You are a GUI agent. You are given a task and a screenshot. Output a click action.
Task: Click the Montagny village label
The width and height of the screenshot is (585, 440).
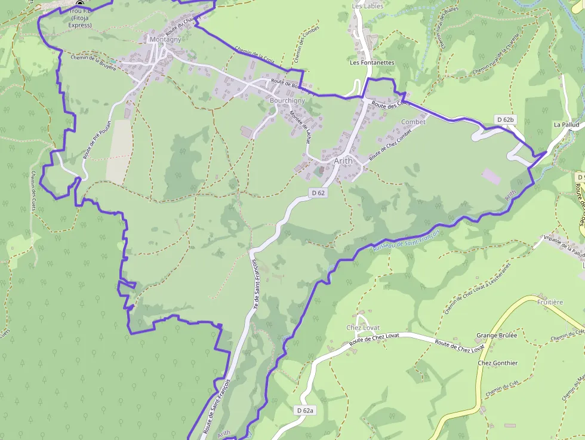tap(165, 39)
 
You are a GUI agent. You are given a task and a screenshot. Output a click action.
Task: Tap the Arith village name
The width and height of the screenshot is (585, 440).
tap(343, 161)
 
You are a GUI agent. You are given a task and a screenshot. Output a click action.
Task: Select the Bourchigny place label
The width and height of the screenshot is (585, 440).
tap(287, 101)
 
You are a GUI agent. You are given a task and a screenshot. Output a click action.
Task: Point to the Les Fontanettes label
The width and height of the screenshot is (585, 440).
tap(372, 62)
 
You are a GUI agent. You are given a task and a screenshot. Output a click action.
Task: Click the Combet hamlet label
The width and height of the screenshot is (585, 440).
tap(414, 122)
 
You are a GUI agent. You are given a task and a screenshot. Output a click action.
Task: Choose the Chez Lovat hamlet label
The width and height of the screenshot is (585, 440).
tap(363, 328)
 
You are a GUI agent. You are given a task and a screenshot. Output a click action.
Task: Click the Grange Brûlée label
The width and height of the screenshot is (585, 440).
tap(497, 336)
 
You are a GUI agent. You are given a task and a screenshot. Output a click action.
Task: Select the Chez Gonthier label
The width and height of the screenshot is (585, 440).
tap(498, 363)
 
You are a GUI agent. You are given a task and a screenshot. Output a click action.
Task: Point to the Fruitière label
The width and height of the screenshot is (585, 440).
tap(550, 302)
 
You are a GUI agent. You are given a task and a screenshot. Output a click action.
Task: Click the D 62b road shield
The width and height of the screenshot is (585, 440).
tap(505, 120)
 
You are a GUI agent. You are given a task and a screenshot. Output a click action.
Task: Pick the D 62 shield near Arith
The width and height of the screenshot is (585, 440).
tap(318, 193)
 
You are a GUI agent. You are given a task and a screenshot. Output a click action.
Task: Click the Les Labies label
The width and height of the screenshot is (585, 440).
tap(367, 6)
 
